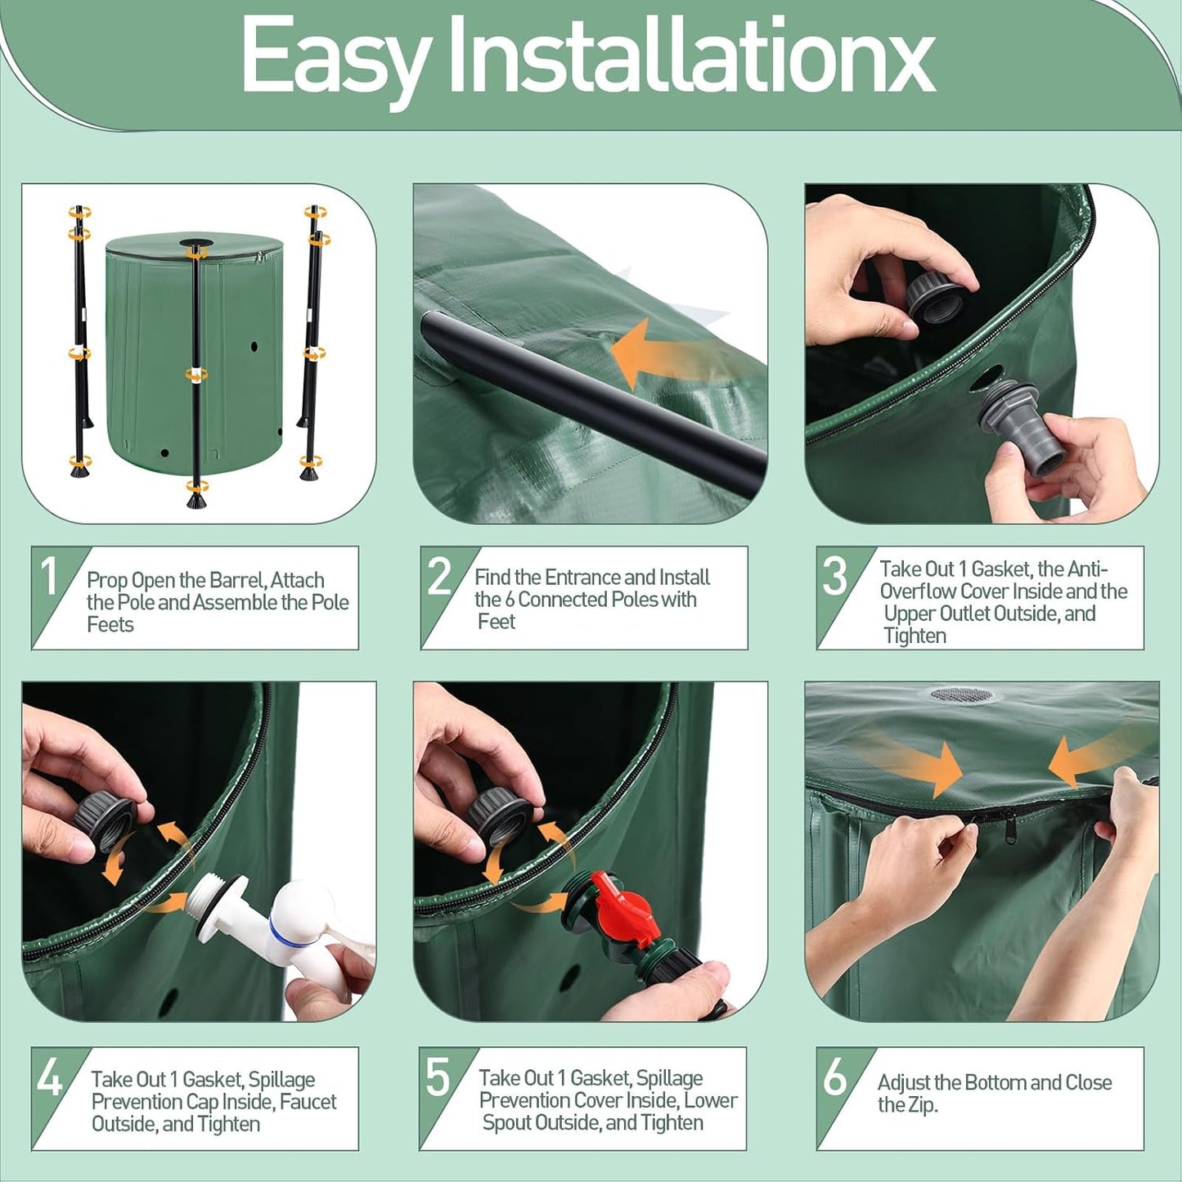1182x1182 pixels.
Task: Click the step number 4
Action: click(x=49, y=1077)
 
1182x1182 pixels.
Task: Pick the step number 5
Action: click(x=438, y=1077)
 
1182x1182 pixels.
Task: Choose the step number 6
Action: click(x=834, y=1077)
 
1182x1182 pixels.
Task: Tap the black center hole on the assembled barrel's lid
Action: click(x=195, y=244)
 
